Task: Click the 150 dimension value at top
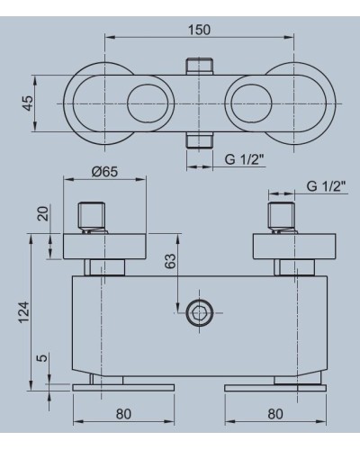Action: click(x=199, y=30)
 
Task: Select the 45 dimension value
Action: click(x=28, y=103)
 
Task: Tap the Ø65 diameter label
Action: click(x=104, y=172)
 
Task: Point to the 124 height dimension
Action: click(x=24, y=312)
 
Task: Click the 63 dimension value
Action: click(x=170, y=261)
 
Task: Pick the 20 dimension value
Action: click(x=42, y=213)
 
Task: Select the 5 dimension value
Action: click(x=43, y=358)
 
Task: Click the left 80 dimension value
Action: click(x=123, y=414)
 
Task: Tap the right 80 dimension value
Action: click(x=275, y=414)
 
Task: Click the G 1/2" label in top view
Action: click(x=245, y=159)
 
